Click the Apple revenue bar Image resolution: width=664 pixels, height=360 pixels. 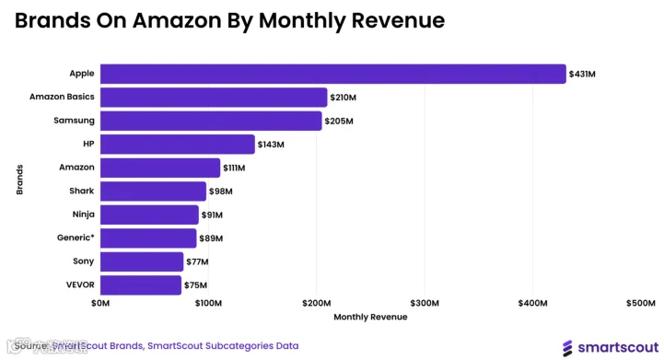click(x=332, y=74)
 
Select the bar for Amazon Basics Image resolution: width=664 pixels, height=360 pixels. click(x=214, y=98)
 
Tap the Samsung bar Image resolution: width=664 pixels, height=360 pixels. click(x=211, y=121)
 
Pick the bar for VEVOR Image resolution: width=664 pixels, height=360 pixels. click(x=141, y=285)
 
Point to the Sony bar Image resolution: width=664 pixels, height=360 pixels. click(x=142, y=261)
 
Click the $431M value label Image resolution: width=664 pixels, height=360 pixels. click(x=582, y=74)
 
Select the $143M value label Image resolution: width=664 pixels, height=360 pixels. click(x=271, y=145)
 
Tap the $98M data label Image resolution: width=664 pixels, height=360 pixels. click(x=221, y=192)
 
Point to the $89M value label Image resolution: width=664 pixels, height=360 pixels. click(x=211, y=238)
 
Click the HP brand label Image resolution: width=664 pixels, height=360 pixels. click(x=88, y=144)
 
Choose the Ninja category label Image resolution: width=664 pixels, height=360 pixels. click(x=84, y=215)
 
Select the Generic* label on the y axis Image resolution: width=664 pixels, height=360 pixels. click(x=76, y=238)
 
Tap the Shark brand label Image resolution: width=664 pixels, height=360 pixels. click(x=82, y=191)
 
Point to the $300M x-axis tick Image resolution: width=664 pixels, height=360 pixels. click(x=425, y=303)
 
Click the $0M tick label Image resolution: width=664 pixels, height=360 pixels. click(x=100, y=303)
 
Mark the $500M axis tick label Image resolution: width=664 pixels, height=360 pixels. click(x=641, y=303)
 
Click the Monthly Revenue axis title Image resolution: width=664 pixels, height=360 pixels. click(x=370, y=317)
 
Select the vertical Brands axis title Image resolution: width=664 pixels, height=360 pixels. click(x=19, y=180)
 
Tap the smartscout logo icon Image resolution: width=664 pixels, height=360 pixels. click(x=567, y=348)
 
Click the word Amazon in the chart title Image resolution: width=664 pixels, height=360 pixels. click(x=177, y=20)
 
